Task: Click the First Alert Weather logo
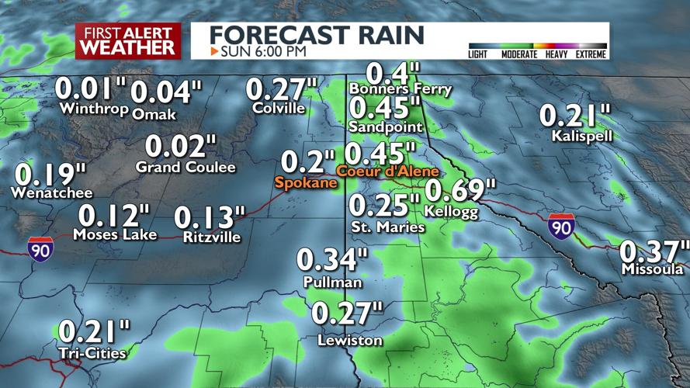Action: point(128,41)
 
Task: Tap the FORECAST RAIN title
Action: point(317,35)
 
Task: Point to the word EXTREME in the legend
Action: point(590,54)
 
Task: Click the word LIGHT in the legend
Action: point(479,54)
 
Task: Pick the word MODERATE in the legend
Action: point(518,54)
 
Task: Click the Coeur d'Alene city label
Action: point(387,171)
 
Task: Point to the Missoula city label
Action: point(652,269)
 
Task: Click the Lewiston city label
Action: point(350,341)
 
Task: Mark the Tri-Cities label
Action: point(93,354)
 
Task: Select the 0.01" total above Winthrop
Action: point(91,88)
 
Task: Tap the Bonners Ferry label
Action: point(400,89)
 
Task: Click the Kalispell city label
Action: point(582,136)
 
